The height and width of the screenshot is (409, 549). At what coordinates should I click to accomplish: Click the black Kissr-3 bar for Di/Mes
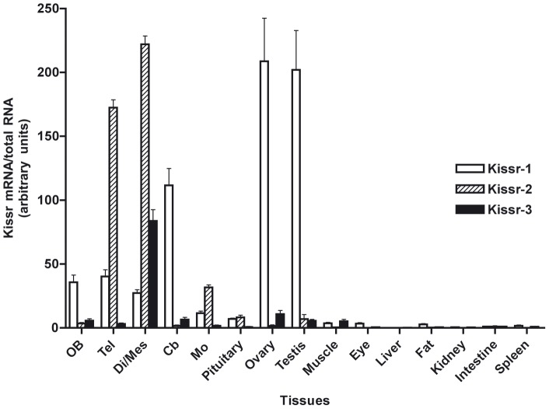(153, 274)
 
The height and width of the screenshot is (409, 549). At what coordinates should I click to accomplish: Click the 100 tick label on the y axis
(48, 200)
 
